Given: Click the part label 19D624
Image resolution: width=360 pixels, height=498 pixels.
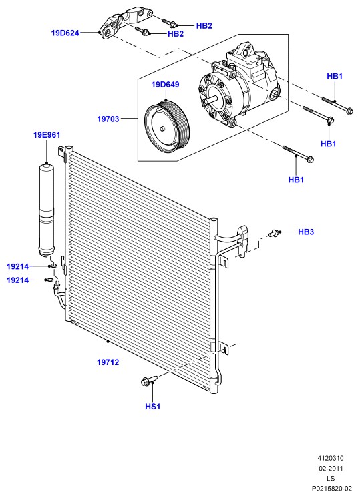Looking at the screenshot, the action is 65,33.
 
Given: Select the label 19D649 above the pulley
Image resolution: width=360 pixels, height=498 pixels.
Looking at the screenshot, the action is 165,85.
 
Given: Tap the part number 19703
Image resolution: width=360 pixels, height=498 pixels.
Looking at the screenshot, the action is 108,119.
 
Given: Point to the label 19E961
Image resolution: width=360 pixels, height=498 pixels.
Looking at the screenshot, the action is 47,135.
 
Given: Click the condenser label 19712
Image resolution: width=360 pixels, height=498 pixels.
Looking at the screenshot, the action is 108,362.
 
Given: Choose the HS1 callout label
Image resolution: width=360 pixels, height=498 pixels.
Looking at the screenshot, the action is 153,407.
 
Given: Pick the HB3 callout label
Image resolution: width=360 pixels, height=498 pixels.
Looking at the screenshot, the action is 306,232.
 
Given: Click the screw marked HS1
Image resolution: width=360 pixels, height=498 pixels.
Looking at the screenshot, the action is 149,380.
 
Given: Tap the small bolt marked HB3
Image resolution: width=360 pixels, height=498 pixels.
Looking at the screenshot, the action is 273,233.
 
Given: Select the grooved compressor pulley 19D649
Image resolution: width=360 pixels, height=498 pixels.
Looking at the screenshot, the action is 167,125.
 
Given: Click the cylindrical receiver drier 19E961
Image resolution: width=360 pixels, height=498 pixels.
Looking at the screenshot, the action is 46,210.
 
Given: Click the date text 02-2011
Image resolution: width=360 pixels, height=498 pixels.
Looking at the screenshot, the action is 331,468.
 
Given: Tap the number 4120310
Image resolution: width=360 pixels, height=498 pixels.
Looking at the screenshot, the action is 331,458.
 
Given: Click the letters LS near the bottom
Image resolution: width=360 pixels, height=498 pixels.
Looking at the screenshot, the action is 331,479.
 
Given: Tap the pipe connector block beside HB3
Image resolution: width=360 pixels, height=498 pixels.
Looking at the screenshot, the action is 243,240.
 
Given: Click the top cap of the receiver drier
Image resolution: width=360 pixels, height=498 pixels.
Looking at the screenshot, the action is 47,165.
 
